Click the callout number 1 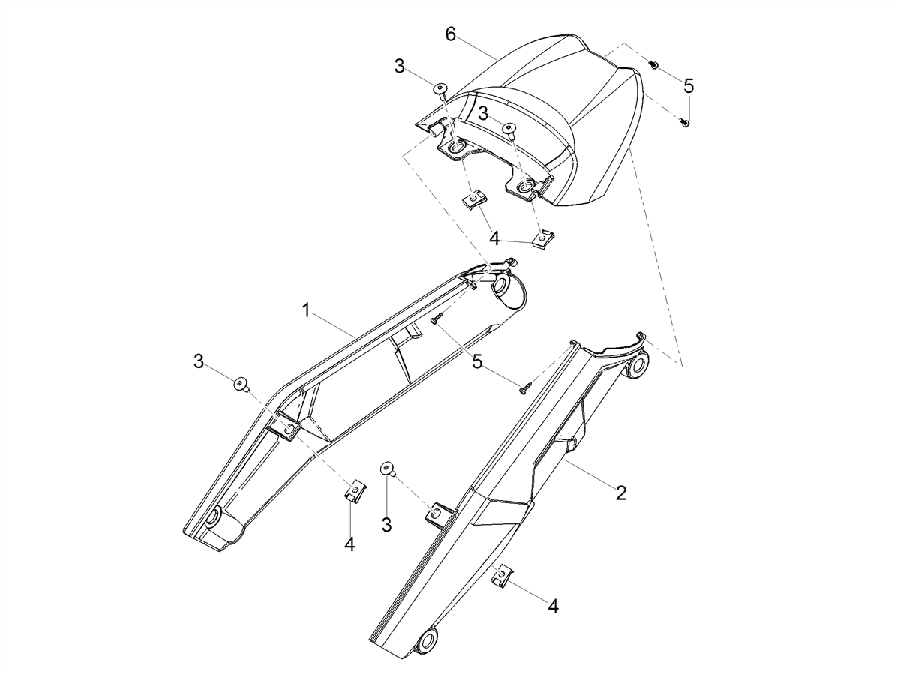click(306, 310)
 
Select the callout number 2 click(621, 493)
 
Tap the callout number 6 click(450, 34)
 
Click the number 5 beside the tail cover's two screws click(688, 86)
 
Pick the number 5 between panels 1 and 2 click(477, 362)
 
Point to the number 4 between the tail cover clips click(494, 238)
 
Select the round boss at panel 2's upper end click(637, 365)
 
